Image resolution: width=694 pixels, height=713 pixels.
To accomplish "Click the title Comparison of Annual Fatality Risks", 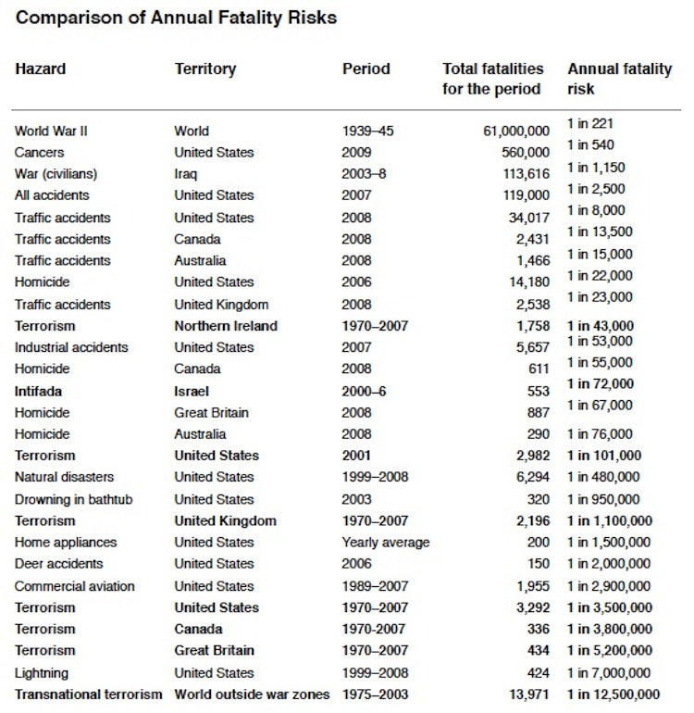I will pos(176,17).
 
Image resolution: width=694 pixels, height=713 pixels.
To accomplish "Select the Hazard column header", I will pos(40,69).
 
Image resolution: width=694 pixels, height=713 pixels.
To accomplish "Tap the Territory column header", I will pos(205,69).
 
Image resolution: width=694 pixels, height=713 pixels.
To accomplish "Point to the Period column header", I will pos(366,69).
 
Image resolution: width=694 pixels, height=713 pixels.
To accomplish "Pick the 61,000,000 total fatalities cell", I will pos(516,131).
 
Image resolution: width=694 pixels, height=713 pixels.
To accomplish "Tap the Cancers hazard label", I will pos(39,153).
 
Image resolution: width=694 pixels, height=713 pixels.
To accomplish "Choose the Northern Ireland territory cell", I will pos(225,326).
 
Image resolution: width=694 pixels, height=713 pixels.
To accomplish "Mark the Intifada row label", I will pos(39,391).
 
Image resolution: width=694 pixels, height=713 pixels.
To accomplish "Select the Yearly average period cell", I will pos(386,543).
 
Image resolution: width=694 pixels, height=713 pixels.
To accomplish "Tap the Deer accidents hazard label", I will pos(58,564).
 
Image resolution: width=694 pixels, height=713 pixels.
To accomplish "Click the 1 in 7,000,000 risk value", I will pos(609,673).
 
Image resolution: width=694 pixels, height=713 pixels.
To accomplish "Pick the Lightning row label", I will pos(41,673).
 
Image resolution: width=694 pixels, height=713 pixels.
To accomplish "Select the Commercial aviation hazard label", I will pos(74,586).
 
